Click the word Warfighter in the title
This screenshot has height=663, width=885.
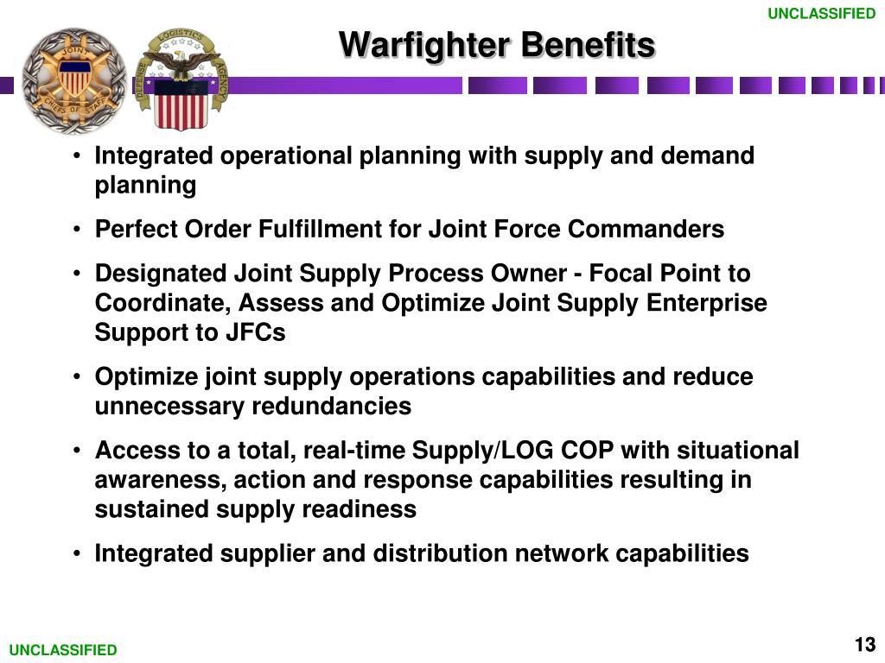point(424,45)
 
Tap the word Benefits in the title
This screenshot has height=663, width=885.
point(588,44)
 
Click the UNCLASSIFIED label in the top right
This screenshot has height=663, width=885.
point(821,13)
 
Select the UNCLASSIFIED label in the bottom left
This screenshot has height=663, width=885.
point(63,649)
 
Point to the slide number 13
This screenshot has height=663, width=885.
point(864,644)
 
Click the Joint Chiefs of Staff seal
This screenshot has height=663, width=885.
point(74,80)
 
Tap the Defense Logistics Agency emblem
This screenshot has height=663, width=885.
point(181,80)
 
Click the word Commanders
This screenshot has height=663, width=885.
point(646,229)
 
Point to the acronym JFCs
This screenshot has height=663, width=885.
point(256,332)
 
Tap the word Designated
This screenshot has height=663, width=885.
point(160,274)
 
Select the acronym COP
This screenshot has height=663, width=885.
point(587,450)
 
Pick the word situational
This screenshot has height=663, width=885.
point(738,450)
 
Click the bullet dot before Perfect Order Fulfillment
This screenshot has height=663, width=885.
point(77,230)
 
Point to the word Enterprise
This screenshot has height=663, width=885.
point(707,304)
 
